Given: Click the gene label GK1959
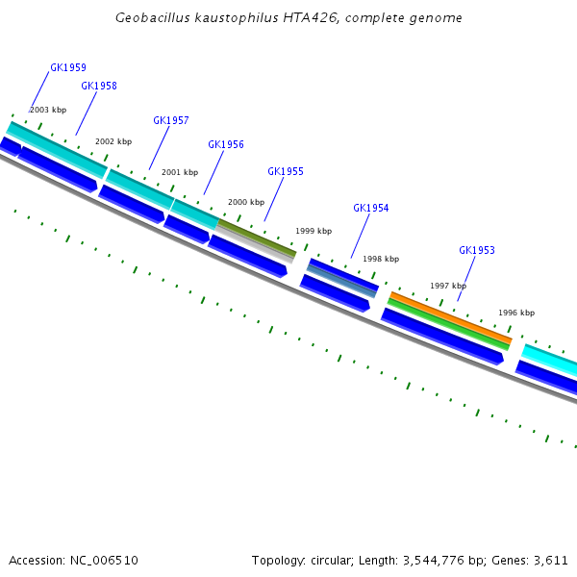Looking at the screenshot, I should [68, 68].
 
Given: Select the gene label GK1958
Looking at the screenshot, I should [99, 86].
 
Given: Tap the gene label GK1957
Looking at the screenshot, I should [171, 121].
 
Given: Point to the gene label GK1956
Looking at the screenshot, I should [226, 145].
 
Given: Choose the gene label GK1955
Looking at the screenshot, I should [286, 172].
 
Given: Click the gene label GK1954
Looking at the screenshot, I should [371, 209].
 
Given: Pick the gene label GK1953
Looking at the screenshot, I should [477, 251].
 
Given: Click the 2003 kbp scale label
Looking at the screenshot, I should [48, 111].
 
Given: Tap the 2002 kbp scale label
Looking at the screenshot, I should [113, 142].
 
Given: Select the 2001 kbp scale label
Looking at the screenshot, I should [180, 173].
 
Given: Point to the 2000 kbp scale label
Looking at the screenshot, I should [246, 203].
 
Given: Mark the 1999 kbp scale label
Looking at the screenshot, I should [314, 232].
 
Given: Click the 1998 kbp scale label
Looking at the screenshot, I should [381, 260].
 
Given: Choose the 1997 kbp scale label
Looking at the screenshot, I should [448, 287].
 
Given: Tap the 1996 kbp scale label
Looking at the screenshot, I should [516, 314].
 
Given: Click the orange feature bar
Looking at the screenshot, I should [450, 318].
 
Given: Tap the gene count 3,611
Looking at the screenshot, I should [551, 560].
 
